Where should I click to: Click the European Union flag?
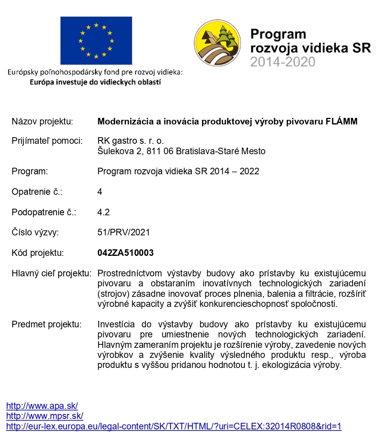[x=96, y=41]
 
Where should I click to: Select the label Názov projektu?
[x=43, y=121]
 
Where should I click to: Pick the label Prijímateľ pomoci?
[x=47, y=141]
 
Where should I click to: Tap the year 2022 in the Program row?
[x=249, y=172]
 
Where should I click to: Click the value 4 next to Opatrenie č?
[x=100, y=192]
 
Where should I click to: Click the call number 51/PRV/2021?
[x=124, y=232]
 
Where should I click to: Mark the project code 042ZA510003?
[x=126, y=253]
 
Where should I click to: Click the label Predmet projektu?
[x=47, y=324]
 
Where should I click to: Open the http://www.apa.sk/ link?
[x=42, y=406]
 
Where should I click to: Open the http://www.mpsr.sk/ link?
[x=45, y=416]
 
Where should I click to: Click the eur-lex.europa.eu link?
[x=174, y=426]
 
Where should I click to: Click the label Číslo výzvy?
[x=35, y=232]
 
